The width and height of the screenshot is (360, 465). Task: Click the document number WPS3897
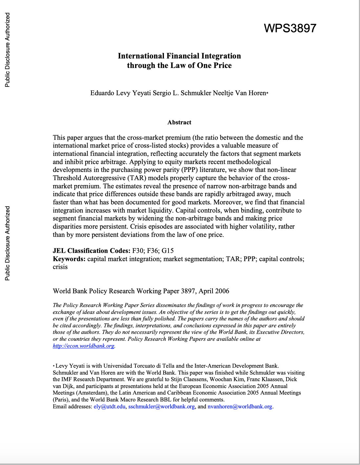290,28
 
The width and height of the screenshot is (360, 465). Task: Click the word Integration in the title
221,56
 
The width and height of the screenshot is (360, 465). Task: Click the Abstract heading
179,122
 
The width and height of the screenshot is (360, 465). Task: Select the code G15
168,251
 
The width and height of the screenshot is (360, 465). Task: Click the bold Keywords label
69,259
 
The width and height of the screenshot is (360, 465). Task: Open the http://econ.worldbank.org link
84,346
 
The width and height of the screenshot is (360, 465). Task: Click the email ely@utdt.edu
110,407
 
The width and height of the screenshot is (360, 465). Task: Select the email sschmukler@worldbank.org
161,407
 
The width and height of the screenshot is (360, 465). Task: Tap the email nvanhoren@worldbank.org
240,407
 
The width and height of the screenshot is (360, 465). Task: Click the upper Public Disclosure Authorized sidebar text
8,50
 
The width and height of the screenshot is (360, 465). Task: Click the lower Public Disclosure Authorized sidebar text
8,243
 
